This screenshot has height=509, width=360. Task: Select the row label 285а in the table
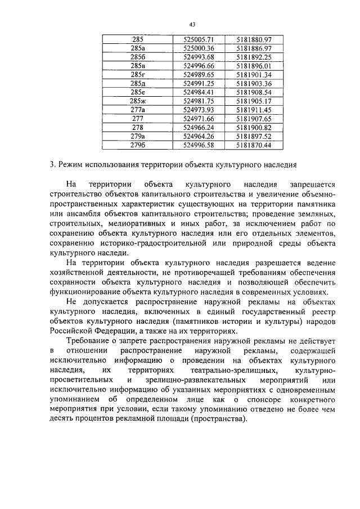[x=137, y=48]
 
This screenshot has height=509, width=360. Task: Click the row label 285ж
[x=137, y=101]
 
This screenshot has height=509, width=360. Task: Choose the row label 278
[x=137, y=127]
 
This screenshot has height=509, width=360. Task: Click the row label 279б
[x=137, y=145]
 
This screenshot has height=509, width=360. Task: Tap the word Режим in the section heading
[x=69, y=165]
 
